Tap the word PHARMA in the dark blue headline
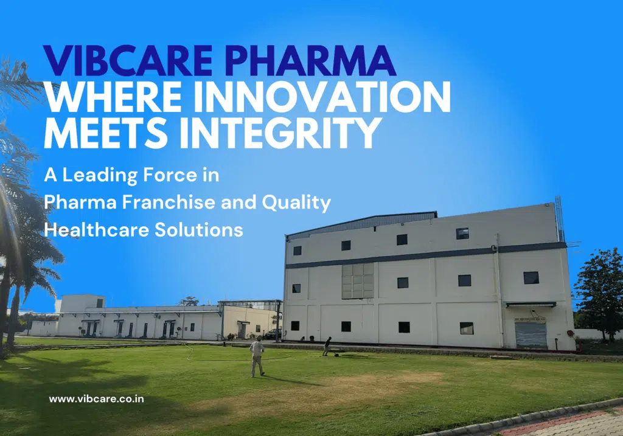click(311, 61)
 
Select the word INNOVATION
click(322, 97)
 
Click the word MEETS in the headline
click(105, 133)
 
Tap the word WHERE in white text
click(114, 97)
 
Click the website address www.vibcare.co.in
click(96, 399)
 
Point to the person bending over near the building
click(327, 346)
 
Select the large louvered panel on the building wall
click(358, 281)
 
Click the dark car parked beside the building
click(273, 334)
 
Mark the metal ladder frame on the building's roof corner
click(560, 219)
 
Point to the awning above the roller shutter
click(531, 305)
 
